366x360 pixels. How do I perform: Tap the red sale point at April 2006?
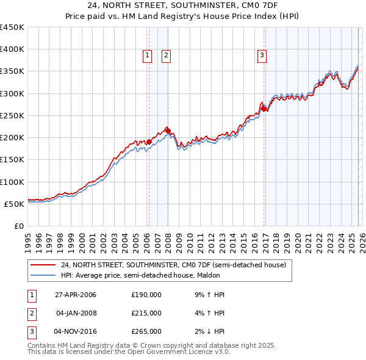coord(149,142)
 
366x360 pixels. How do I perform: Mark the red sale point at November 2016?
coord(264,109)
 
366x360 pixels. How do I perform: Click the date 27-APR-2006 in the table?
coord(76,295)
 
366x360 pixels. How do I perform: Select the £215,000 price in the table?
coord(146,313)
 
